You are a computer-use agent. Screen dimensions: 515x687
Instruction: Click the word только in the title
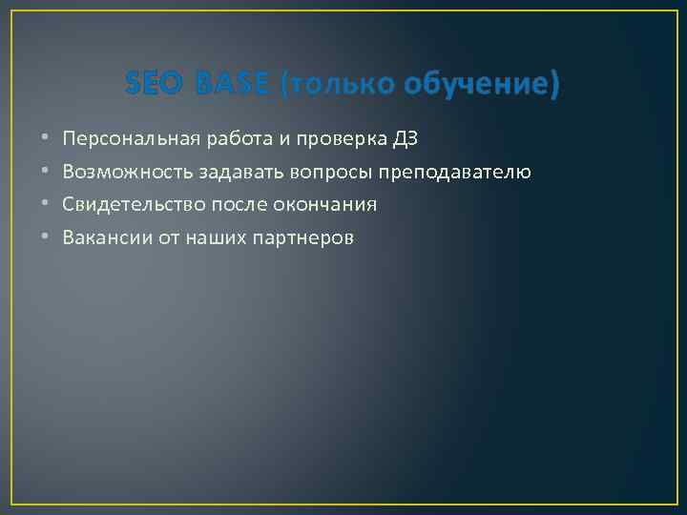(339, 86)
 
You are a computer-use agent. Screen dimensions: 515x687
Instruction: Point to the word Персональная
(132, 139)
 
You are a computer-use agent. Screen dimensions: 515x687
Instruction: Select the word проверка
(343, 139)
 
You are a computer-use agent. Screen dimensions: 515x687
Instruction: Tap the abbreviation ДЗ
(406, 139)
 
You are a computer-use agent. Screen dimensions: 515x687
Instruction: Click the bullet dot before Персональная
(44, 139)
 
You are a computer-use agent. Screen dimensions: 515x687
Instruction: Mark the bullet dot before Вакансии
(44, 237)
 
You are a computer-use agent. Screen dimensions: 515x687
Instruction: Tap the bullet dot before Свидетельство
(44, 205)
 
